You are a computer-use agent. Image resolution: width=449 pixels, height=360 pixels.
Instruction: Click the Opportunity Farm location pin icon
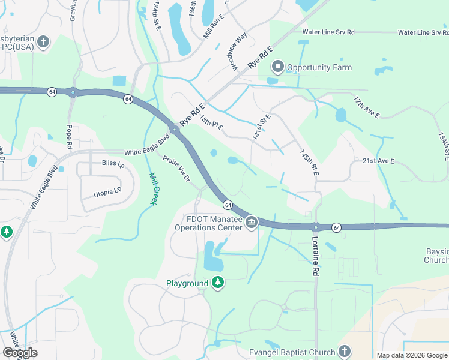(277, 67)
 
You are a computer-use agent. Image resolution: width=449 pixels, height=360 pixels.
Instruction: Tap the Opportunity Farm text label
(319, 67)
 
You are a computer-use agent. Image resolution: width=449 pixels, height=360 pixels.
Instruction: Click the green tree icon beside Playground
(218, 282)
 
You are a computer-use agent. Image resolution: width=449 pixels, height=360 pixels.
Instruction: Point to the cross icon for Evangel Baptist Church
(344, 350)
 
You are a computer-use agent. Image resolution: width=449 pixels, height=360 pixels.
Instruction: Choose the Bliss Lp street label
(95, 163)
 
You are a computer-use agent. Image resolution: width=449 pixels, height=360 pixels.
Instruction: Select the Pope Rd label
(70, 137)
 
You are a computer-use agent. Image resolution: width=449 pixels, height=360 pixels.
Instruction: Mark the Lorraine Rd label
(315, 256)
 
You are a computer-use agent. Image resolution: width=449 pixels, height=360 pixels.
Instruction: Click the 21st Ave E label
(378, 161)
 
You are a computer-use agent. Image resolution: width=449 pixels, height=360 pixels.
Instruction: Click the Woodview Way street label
(238, 51)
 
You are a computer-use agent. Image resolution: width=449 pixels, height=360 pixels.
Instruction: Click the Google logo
(20, 353)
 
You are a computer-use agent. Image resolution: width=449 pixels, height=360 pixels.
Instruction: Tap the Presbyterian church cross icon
(43, 42)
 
